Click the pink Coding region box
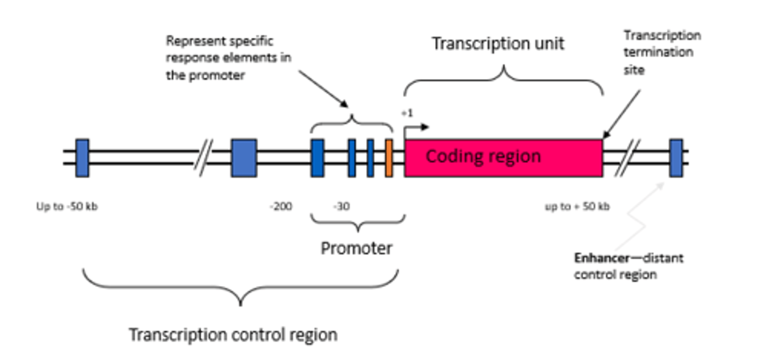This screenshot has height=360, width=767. (x=503, y=158)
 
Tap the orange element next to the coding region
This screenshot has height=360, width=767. (x=389, y=158)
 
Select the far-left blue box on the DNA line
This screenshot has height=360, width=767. (x=82, y=158)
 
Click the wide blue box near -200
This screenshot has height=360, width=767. (x=244, y=158)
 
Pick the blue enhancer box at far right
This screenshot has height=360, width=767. (x=676, y=158)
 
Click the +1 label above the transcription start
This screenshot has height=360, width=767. (x=407, y=113)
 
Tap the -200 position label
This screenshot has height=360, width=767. (x=281, y=206)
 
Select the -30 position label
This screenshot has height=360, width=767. (x=341, y=206)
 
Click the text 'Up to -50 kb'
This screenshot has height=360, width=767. (x=67, y=206)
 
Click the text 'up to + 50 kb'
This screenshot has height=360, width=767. (x=577, y=206)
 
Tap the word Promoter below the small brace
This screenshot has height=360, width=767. (x=356, y=248)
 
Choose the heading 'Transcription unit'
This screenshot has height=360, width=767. (x=497, y=44)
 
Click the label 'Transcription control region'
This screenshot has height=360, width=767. (x=233, y=335)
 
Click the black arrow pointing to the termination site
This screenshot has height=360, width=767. (x=621, y=114)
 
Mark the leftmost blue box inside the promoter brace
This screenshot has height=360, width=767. (x=317, y=158)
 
